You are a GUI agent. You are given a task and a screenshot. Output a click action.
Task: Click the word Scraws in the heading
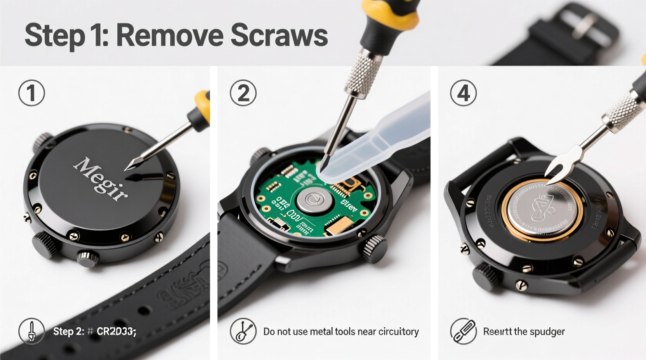coord(279,35)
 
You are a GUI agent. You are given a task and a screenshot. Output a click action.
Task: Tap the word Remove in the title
coord(169,35)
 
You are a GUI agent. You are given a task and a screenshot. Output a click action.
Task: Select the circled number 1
coord(31,93)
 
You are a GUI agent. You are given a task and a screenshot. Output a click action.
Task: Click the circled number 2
coord(243,93)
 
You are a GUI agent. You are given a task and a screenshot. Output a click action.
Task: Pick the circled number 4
coord(463,93)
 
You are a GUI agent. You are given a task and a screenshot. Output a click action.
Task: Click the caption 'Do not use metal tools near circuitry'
coord(341,332)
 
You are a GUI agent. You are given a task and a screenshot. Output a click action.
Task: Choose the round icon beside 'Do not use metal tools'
coord(243,332)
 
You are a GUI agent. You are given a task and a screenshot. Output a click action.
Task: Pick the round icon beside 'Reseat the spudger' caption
coord(463,331)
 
